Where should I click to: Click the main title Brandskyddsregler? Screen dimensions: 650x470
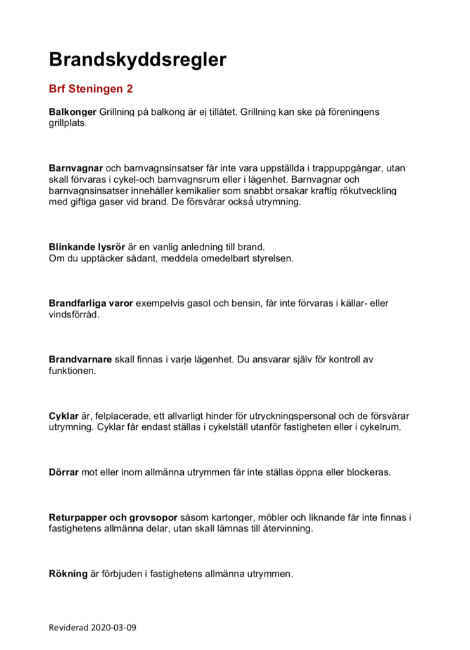pyautogui.click(x=138, y=60)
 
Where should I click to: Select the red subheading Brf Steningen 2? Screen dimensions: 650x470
pyautogui.click(x=91, y=89)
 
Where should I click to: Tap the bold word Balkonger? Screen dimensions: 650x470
pyautogui.click(x=73, y=112)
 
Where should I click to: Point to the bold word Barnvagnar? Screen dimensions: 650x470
pyautogui.click(x=75, y=168)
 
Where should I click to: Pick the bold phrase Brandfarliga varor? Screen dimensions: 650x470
pyautogui.click(x=91, y=303)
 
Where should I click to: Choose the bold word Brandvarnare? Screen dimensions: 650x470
pyautogui.click(x=80, y=360)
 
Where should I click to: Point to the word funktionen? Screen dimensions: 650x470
pyautogui.click(x=72, y=371)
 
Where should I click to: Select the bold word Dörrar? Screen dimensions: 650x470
pyautogui.click(x=64, y=473)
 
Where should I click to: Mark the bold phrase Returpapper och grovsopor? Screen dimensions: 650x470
pyautogui.click(x=114, y=518)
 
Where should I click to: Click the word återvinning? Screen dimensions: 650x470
pyautogui.click(x=286, y=529)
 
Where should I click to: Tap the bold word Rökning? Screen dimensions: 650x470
pyautogui.click(x=68, y=574)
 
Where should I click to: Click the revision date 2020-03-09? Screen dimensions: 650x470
pyautogui.click(x=111, y=628)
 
